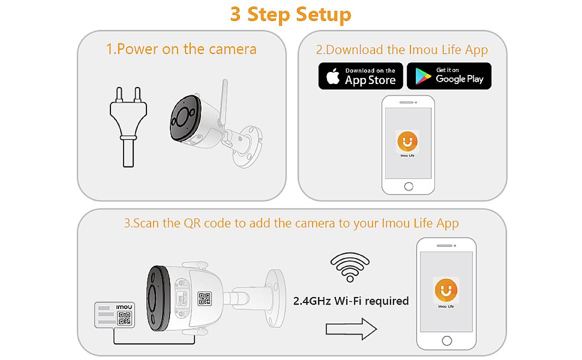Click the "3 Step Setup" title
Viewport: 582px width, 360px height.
(290, 14)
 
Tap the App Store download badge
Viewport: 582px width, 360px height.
(360, 76)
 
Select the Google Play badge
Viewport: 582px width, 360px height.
(449, 76)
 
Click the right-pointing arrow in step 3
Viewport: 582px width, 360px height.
(351, 329)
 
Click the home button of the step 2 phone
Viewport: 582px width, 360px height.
(408, 186)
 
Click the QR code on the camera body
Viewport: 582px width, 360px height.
(204, 298)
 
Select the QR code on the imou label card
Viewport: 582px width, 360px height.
(124, 318)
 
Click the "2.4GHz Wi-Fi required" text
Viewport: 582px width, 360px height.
(350, 301)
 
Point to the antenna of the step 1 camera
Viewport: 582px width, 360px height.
(223, 99)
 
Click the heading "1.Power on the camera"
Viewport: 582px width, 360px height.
(181, 49)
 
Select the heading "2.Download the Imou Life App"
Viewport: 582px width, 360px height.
(401, 49)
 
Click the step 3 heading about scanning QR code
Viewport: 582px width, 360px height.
(291, 222)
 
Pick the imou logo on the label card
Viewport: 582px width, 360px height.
(124, 307)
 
